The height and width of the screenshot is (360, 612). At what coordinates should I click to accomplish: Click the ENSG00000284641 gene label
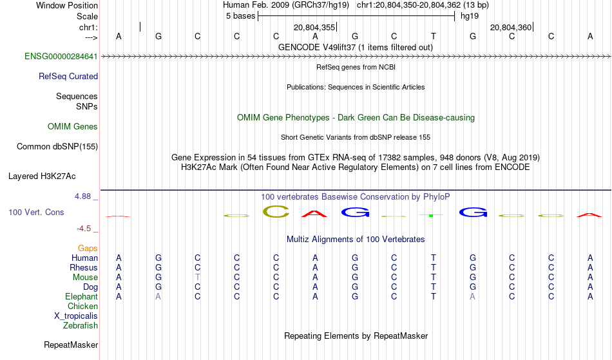[x=61, y=57]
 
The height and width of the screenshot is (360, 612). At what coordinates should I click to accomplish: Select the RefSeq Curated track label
[x=68, y=77]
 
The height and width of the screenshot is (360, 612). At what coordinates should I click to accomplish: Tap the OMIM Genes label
[x=73, y=127]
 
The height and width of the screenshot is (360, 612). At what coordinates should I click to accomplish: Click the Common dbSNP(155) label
[x=57, y=147]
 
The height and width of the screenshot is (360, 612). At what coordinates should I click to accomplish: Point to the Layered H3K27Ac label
[x=42, y=176]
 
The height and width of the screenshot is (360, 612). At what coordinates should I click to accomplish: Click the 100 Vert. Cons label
[x=36, y=212]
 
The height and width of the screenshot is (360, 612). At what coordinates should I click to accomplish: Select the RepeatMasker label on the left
[x=71, y=345]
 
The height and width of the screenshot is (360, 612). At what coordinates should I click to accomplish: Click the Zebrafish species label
[x=81, y=325]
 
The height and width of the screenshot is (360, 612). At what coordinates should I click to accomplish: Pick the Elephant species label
[x=82, y=296]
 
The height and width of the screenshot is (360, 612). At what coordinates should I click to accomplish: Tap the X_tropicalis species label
[x=76, y=316]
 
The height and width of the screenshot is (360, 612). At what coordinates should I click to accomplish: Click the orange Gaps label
[x=88, y=249]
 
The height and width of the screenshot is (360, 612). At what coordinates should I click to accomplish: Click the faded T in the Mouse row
[x=198, y=278]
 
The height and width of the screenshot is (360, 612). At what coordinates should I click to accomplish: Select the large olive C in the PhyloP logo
[x=276, y=211]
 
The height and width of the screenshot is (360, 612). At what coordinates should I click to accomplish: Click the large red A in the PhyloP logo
[x=314, y=214]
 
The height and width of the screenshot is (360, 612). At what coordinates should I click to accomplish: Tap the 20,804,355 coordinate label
[x=314, y=27]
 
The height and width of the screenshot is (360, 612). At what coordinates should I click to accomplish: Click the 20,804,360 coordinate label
[x=511, y=27]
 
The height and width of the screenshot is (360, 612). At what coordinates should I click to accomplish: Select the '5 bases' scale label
[x=240, y=16]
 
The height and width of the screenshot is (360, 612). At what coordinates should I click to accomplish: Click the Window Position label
[x=67, y=5]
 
